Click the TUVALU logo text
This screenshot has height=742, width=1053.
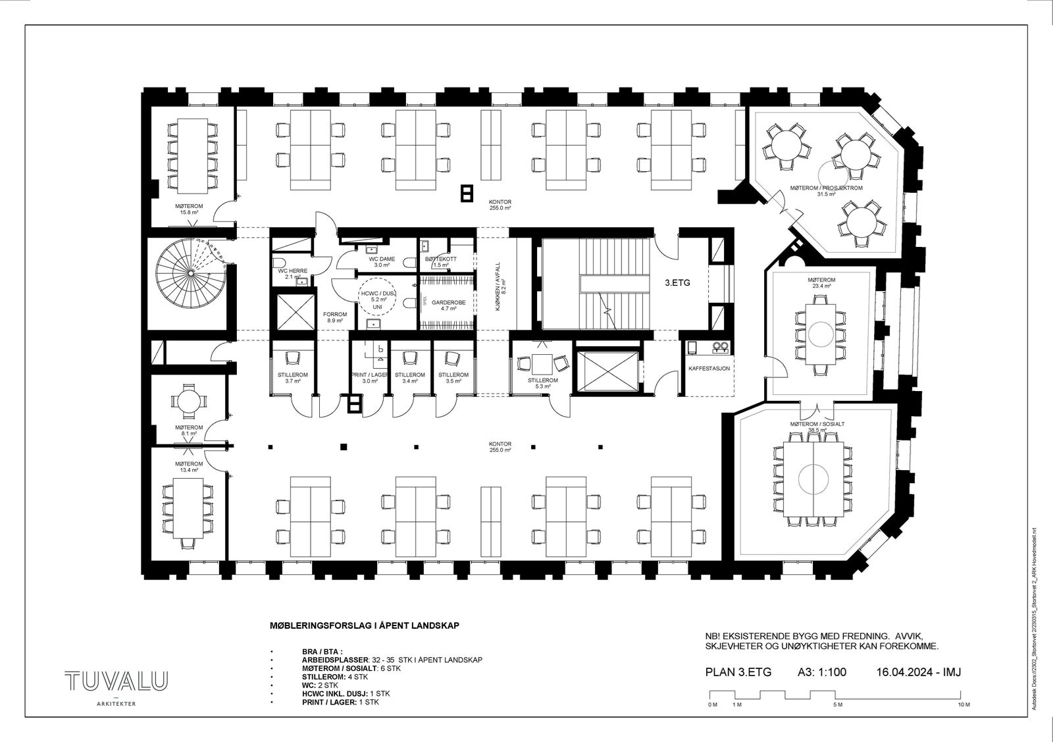coord(116,681)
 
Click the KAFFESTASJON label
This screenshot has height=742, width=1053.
coord(708,369)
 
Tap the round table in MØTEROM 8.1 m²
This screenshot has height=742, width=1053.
coord(188,400)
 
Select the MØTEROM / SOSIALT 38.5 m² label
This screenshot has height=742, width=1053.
coord(817,427)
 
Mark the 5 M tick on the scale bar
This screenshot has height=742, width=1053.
coord(837,704)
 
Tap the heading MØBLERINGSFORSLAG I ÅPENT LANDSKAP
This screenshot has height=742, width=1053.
coord(364,625)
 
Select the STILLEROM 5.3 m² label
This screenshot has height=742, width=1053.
coord(542,383)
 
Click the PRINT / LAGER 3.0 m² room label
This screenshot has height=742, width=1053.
coord(369,377)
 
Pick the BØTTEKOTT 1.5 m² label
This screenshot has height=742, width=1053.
coord(440,261)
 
